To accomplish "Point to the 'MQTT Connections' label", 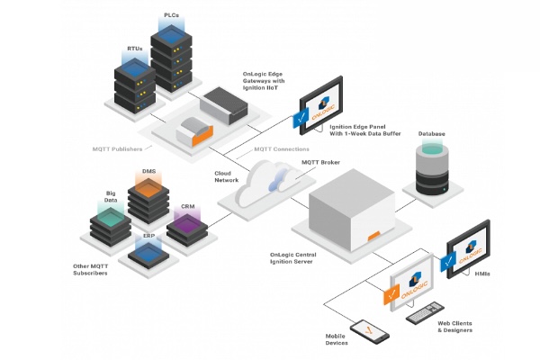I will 282,148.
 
